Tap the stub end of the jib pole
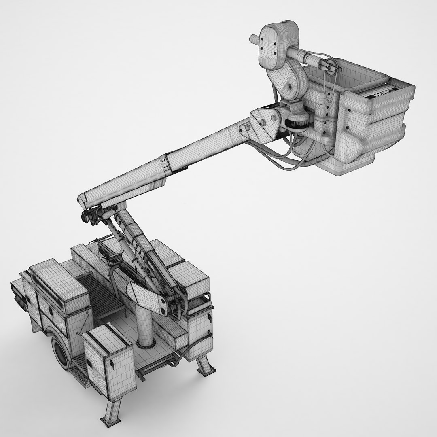click(253, 39)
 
